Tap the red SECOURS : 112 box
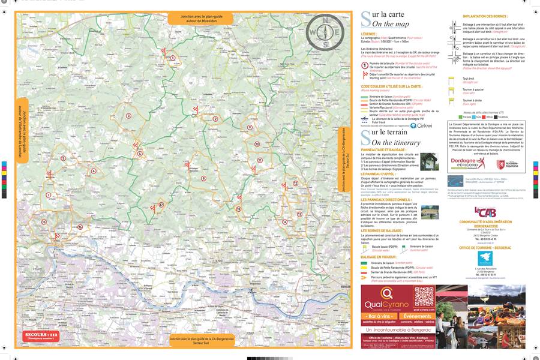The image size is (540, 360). point(41,335)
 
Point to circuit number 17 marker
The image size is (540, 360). point(161,205)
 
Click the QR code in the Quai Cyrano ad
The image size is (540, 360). point(424,297)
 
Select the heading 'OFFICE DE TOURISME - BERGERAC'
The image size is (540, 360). point(485,247)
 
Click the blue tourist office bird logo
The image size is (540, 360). point(485,258)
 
